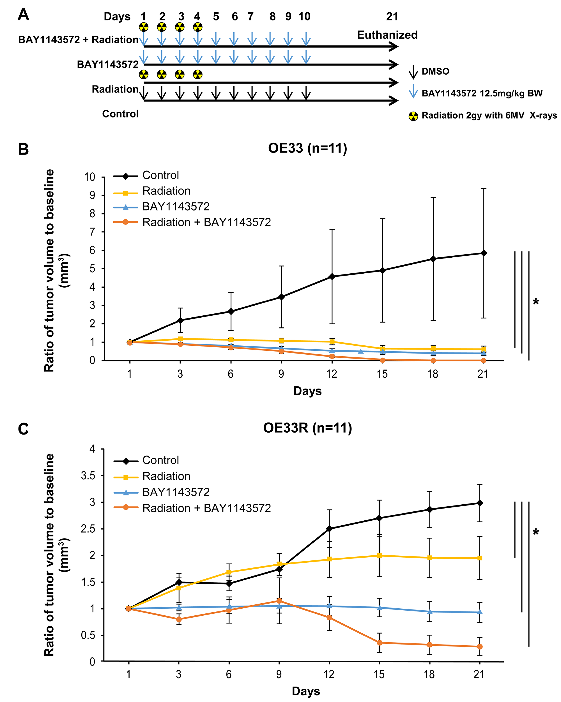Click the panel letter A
[24, 15]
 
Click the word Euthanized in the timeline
[387, 35]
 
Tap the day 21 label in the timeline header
[392, 16]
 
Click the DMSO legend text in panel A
[435, 71]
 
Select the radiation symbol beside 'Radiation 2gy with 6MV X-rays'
[413, 116]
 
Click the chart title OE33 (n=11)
[307, 148]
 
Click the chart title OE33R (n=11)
[307, 428]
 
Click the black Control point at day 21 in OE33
[484, 253]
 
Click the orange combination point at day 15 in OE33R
[379, 642]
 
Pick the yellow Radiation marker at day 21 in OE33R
[480, 558]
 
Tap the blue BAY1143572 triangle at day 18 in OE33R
[430, 611]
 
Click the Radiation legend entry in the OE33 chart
[166, 191]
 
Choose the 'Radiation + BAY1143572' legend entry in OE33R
[206, 508]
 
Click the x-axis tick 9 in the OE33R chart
[279, 674]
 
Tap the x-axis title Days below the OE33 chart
[307, 391]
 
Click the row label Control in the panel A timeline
[120, 114]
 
